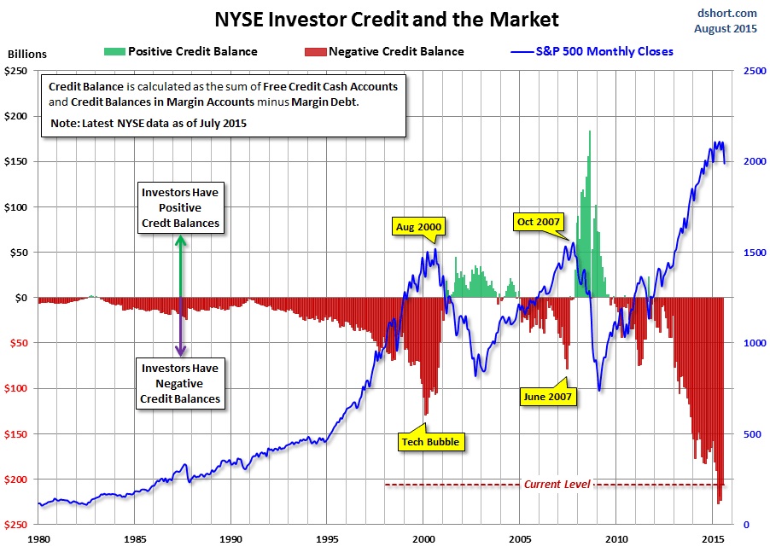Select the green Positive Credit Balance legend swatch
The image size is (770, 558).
(x=114, y=51)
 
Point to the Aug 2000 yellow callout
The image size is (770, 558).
(x=420, y=227)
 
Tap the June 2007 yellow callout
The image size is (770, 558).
(x=548, y=395)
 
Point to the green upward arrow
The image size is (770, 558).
(x=180, y=264)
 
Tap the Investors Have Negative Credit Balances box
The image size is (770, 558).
(x=180, y=383)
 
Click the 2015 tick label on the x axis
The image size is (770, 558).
(x=713, y=539)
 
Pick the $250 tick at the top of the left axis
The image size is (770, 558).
(x=18, y=71)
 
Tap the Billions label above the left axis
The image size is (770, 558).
(x=28, y=54)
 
